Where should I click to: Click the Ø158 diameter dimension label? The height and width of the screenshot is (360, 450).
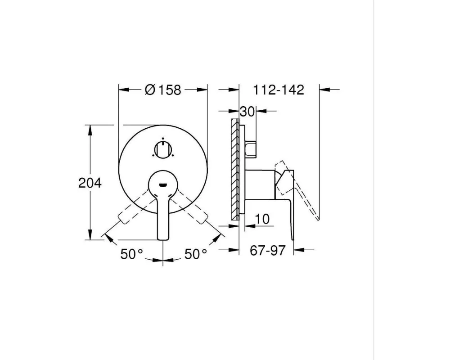click(163, 90)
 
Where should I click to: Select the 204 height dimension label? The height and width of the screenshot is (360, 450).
click(90, 183)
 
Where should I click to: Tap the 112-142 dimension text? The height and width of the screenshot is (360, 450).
click(278, 90)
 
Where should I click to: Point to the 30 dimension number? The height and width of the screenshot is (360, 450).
click(247, 112)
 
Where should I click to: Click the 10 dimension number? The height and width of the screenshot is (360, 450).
click(262, 219)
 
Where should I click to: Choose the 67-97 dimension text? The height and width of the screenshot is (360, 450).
click(267, 250)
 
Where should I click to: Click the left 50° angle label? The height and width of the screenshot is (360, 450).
click(131, 254)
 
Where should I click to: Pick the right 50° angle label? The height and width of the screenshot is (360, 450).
click(195, 254)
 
